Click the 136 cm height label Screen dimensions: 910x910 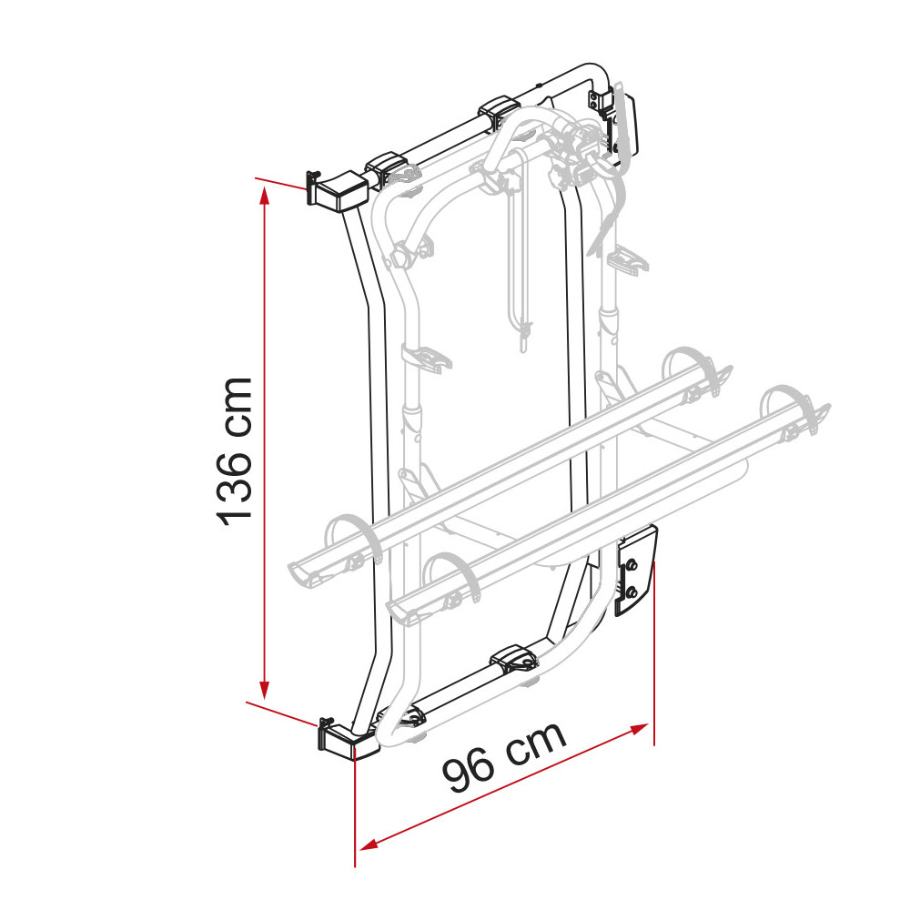[x=234, y=450]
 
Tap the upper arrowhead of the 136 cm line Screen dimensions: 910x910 [x=265, y=191]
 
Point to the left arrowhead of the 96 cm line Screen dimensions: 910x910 [x=364, y=844]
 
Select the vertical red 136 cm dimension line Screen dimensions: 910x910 [x=265, y=437]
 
